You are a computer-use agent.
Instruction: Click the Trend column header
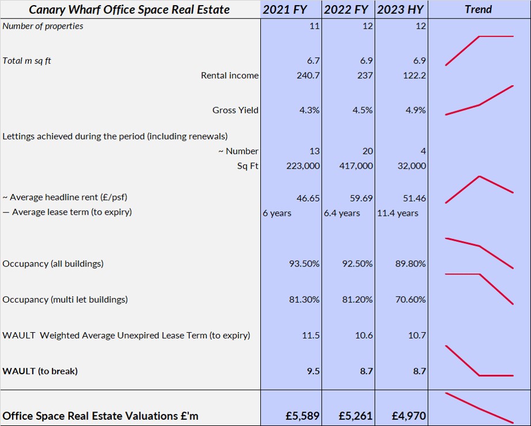click(479, 9)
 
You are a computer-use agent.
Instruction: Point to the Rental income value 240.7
click(308, 75)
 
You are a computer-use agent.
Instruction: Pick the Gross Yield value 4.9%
click(415, 110)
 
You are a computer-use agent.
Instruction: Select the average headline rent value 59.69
click(362, 198)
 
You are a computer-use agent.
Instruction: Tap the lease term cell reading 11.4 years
click(398, 213)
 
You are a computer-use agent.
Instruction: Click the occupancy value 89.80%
click(409, 264)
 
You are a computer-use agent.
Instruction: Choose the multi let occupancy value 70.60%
click(409, 299)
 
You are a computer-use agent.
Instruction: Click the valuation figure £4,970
click(408, 415)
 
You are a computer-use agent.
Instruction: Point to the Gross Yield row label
click(235, 110)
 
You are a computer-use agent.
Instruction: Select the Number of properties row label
click(43, 26)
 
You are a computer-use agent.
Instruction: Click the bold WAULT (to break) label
click(40, 371)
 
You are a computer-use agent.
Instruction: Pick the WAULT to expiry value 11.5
click(311, 335)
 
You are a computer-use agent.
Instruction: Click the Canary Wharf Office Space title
click(129, 9)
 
